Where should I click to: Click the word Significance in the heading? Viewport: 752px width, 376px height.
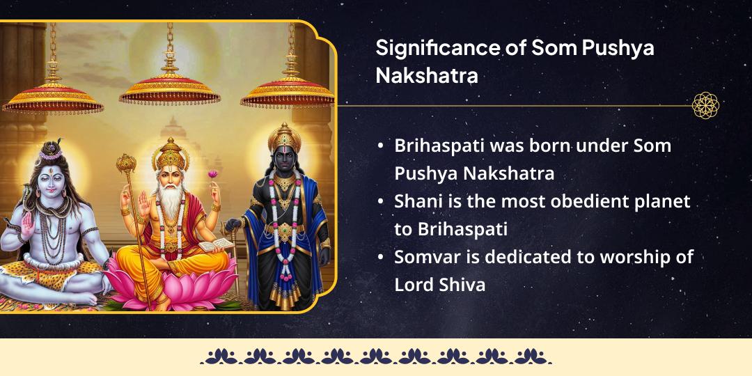tap(437, 49)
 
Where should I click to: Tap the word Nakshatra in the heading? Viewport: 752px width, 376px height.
tap(427, 75)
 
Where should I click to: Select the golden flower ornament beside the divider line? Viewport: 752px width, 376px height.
tap(705, 106)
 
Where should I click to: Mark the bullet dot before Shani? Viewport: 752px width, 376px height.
tap(381, 202)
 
